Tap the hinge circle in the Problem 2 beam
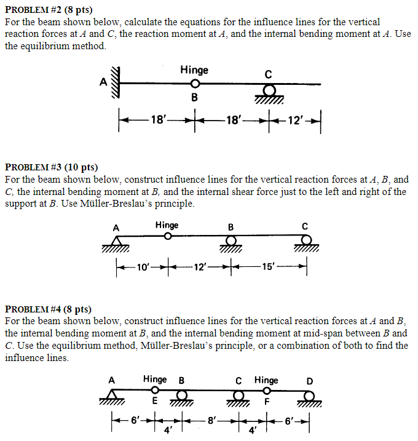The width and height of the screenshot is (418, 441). coord(194,84)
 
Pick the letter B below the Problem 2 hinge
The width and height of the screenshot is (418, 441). coord(194,98)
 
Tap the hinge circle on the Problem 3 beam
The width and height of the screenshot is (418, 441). coord(168,236)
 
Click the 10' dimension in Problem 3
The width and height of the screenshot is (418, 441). coord(142,267)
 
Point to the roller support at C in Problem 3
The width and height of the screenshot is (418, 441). coord(306,242)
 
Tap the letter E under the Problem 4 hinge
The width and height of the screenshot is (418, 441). coord(155,402)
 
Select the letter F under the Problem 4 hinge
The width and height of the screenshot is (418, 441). coord(267,402)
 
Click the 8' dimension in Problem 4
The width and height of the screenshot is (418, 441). coord(212,421)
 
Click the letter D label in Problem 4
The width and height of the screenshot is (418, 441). coord(310,380)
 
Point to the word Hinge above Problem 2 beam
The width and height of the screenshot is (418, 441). coord(194,70)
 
